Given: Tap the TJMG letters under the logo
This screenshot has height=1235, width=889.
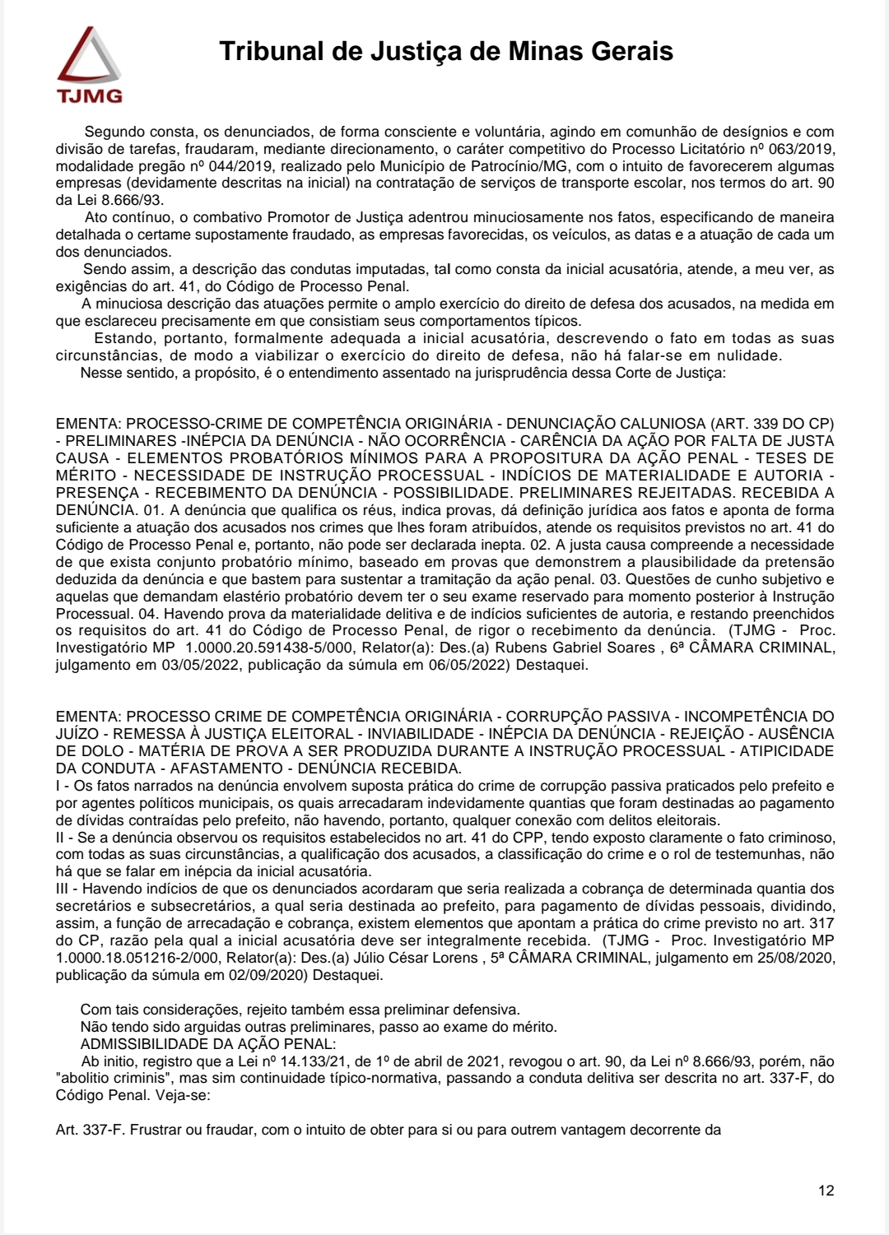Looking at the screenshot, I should pos(90,96).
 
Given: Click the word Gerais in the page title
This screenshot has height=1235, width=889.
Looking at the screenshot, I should pos(632,51).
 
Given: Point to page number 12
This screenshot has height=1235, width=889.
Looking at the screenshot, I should pos(826,1191).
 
